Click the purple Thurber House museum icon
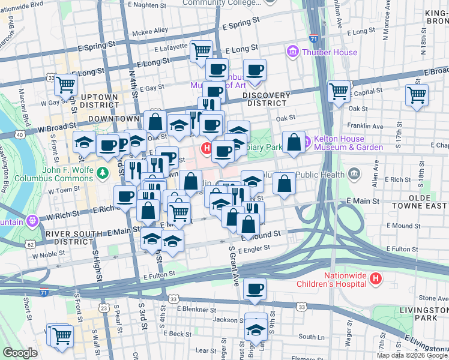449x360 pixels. point(293,52)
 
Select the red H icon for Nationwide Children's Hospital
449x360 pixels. point(376,278)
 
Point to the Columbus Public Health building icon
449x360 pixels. point(354,175)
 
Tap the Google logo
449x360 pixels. point(20,353)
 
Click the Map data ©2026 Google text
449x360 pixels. point(411,355)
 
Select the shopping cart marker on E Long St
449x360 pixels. point(201,51)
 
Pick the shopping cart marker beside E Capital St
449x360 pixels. point(339,92)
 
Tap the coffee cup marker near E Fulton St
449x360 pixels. point(256,289)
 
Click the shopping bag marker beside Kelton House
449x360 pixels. point(294,142)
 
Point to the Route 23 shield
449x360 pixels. point(104,308)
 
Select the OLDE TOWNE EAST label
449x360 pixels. point(420,201)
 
